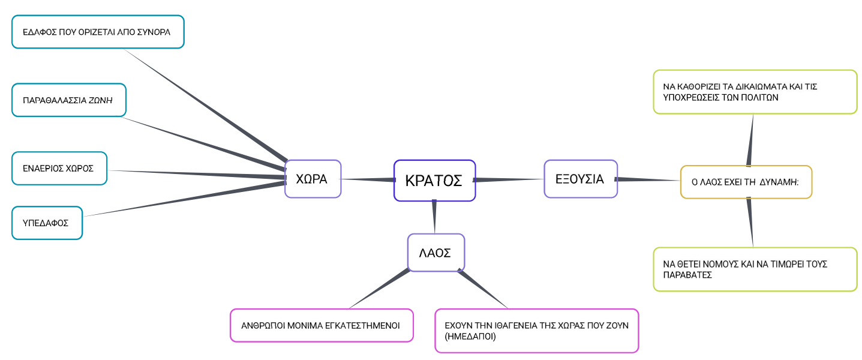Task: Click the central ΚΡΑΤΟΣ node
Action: [x=434, y=180]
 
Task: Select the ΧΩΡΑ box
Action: [x=313, y=178]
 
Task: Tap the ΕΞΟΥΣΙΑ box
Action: [x=580, y=178]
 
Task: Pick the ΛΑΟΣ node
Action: [x=435, y=253]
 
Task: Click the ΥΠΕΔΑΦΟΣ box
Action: [x=47, y=223]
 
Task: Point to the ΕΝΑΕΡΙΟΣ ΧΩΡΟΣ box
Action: [x=59, y=168]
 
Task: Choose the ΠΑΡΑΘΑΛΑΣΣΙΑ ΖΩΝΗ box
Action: [x=68, y=100]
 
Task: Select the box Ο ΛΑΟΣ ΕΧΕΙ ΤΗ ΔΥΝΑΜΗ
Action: [x=746, y=182]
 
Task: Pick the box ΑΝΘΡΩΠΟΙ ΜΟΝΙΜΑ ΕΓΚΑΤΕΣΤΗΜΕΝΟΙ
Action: [x=321, y=325]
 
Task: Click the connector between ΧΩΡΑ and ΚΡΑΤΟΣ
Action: [x=367, y=179]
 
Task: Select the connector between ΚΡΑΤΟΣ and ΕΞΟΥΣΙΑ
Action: [x=509, y=179]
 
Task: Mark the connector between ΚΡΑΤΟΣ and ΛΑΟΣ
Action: [x=434, y=217]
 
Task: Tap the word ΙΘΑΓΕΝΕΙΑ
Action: [x=501, y=325]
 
